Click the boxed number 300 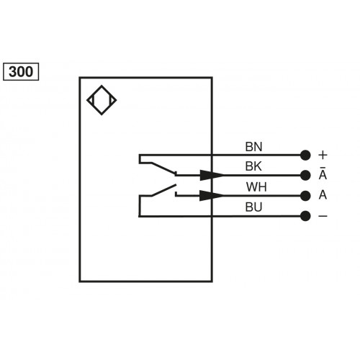(22, 71)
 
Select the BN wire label (254, 147)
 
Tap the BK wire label (254, 167)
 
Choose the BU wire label (254, 207)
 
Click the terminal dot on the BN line (305, 154)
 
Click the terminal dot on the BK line (305, 175)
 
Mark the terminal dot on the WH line (305, 195)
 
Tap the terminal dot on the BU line (305, 215)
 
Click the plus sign (323, 154)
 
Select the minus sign (323, 215)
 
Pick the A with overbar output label (323, 175)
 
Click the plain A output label (323, 195)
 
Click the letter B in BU (249, 207)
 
